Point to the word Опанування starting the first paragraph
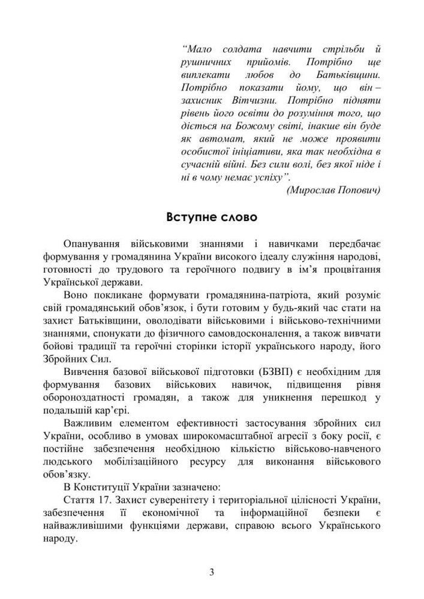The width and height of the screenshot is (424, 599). pos(92,244)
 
